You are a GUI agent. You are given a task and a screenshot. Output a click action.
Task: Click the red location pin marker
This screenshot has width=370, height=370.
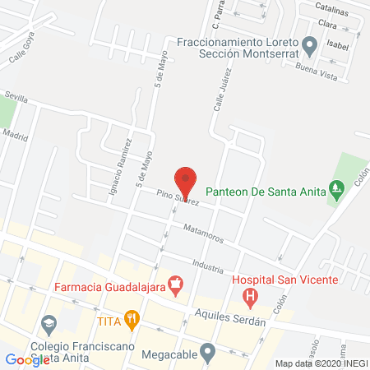186,180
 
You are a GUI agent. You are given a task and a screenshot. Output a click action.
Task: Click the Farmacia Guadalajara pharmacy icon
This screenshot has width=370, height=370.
174,287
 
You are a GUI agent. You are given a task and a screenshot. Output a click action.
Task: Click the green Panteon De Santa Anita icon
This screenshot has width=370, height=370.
335,190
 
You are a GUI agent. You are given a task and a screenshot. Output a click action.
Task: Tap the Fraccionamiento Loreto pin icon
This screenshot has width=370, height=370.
309,44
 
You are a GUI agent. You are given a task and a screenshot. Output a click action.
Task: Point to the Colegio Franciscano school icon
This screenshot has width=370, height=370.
49,324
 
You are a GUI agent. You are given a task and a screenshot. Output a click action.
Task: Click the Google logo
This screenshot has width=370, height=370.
28,359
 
